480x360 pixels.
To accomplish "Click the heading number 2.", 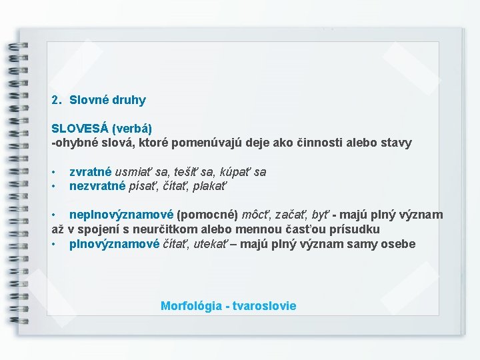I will coord(56,101).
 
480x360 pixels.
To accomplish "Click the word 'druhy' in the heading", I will coord(128,101).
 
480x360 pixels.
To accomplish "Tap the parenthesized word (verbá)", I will coord(132,128).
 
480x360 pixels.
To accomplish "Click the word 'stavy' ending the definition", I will coord(397,143).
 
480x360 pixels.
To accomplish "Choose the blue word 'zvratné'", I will coord(91,172).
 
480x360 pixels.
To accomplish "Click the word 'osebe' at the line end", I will coord(399,244).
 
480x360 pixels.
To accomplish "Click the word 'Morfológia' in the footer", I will coord(191,306).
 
